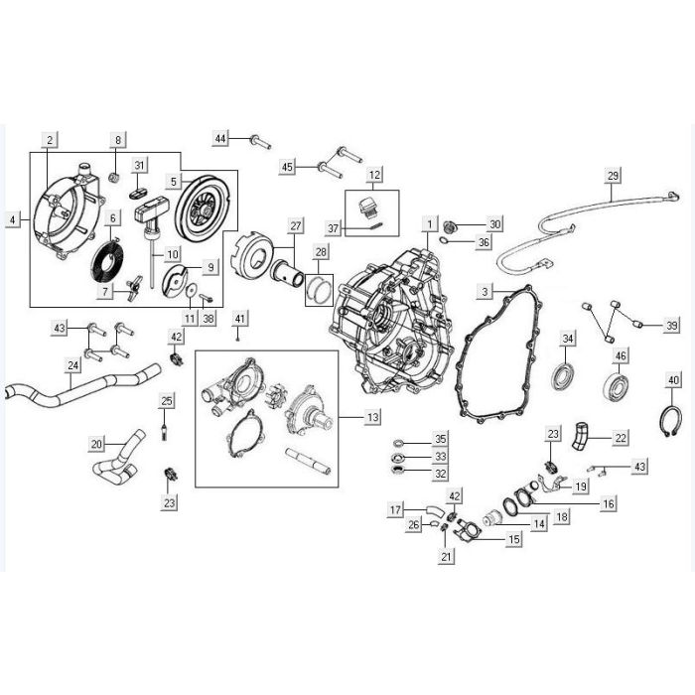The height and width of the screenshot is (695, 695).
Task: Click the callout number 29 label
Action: [x=613, y=176]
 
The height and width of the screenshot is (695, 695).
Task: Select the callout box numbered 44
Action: [x=220, y=138]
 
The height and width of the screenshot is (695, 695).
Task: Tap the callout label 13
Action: [x=373, y=417]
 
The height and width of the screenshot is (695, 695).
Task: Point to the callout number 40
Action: [x=673, y=380]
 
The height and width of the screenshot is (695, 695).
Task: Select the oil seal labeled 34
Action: [x=564, y=376]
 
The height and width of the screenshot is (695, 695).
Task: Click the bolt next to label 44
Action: [x=260, y=142]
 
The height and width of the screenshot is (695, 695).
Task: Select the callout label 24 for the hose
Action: [x=73, y=365]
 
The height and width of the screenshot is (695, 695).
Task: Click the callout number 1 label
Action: [x=429, y=223]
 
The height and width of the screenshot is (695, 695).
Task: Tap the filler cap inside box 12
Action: [x=367, y=208]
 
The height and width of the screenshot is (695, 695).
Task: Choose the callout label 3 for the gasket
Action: [x=485, y=291]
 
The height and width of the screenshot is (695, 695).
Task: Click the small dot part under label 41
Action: [x=239, y=340]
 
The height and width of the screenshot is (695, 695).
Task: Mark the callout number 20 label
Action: [x=96, y=444]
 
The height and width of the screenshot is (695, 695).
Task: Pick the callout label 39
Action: [x=672, y=326]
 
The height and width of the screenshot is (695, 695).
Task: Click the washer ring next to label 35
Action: [x=398, y=443]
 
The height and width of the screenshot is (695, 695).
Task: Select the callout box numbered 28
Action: [x=321, y=252]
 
